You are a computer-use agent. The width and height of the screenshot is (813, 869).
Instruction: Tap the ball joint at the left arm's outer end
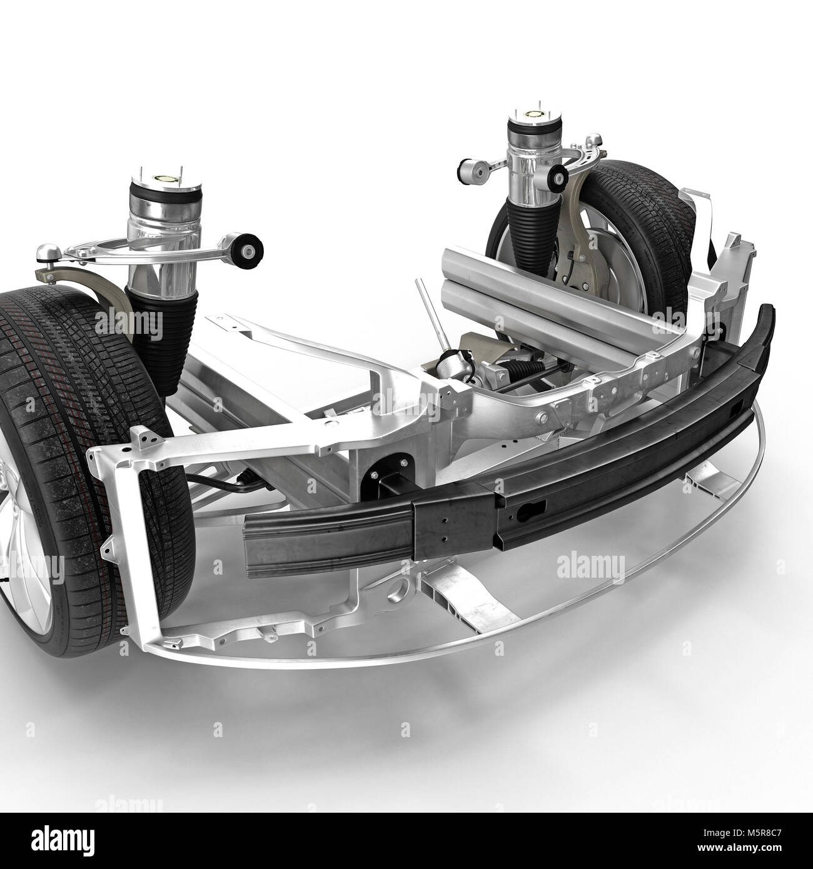45,251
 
